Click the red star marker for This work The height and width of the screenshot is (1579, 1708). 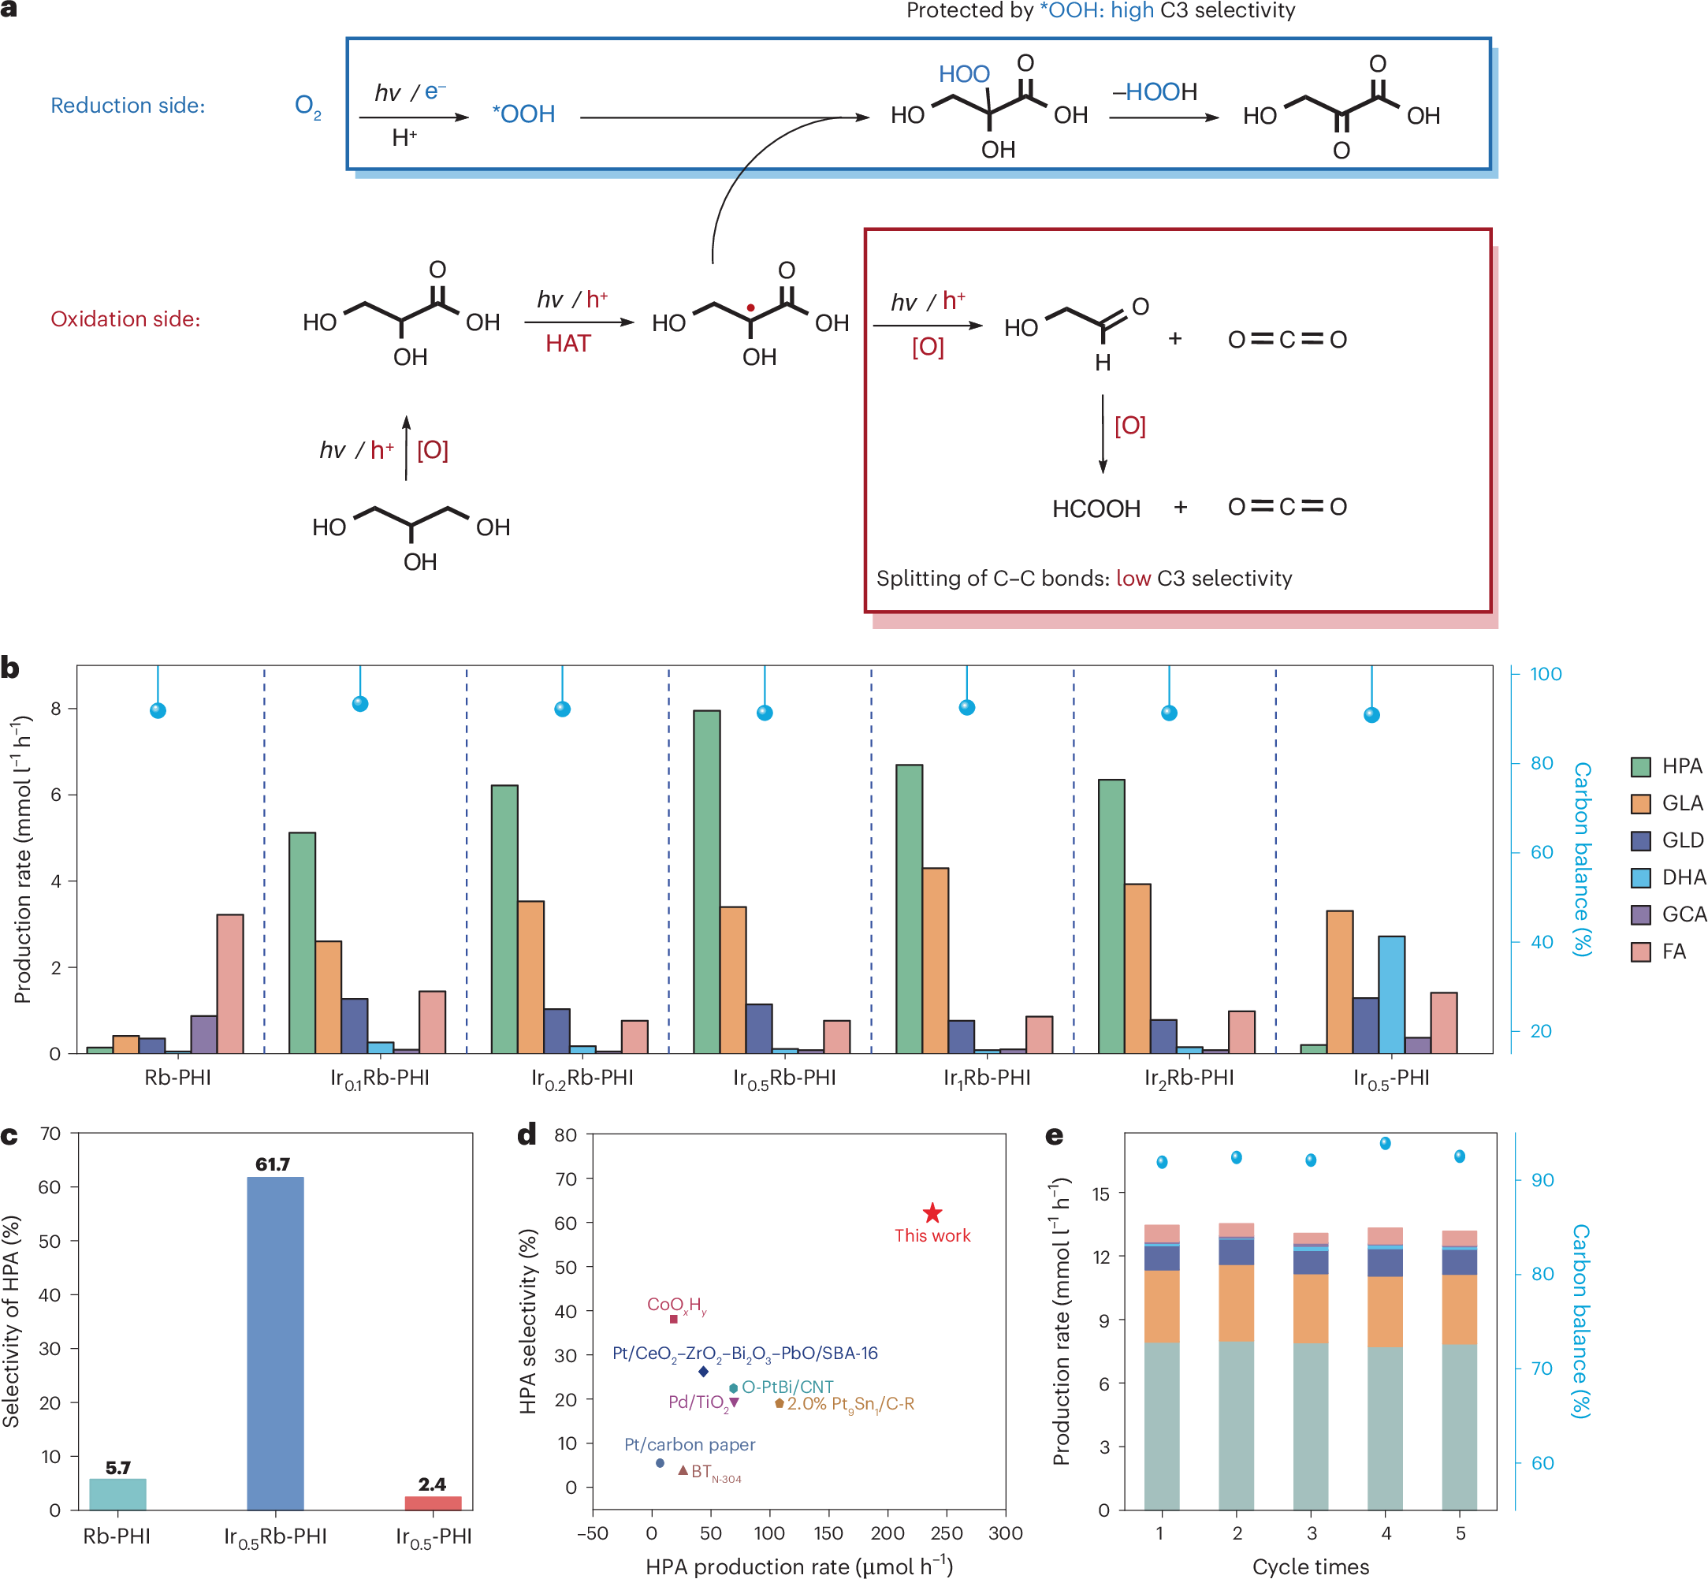click(x=932, y=1213)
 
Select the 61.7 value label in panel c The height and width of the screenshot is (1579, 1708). click(x=273, y=1164)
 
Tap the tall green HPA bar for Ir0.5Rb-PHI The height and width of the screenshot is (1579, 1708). click(x=707, y=880)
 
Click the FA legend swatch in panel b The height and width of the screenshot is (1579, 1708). click(x=1640, y=951)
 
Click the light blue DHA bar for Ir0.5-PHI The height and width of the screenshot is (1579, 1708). click(x=1391, y=995)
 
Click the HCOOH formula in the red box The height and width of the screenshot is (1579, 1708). click(x=1096, y=509)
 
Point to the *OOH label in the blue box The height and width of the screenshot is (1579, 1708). click(x=524, y=114)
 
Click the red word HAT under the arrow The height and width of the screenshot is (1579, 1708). click(x=568, y=344)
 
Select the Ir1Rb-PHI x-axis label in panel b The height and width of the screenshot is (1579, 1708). click(x=987, y=1078)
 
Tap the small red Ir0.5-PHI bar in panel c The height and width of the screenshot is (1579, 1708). click(x=433, y=1503)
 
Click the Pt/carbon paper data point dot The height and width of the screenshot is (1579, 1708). click(x=660, y=1463)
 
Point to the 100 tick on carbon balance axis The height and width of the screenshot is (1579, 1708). click(x=1545, y=674)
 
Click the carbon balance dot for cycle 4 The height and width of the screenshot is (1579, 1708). click(x=1385, y=1143)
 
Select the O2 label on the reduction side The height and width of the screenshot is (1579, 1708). click(x=307, y=106)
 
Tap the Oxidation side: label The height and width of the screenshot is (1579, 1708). click(x=125, y=318)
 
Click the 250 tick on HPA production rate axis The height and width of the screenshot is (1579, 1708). click(x=947, y=1532)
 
